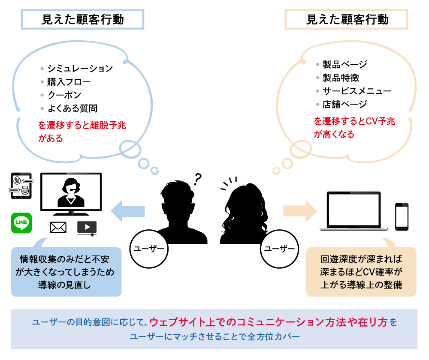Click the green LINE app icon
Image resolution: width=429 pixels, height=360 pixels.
point(21,223)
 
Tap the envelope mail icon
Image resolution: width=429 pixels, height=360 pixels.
point(58,228)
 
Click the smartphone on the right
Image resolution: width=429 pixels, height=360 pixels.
point(402,217)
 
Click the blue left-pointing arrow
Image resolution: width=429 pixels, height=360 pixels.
point(128,210)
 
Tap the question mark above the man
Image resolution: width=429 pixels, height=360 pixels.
point(198,178)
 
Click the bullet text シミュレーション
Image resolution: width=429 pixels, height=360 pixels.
point(80,68)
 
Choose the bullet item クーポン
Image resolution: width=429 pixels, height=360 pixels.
point(64,95)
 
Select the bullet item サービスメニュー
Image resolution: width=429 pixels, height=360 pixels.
point(356,91)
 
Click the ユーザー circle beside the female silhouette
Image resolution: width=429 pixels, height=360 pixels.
point(279,249)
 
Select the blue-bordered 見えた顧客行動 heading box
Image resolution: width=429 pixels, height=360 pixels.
point(82,20)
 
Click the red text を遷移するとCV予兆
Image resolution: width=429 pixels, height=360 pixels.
point(354,121)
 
